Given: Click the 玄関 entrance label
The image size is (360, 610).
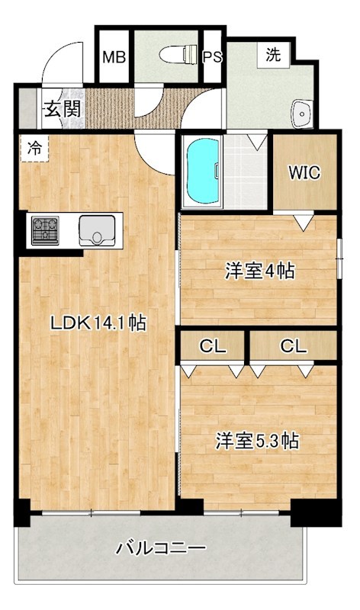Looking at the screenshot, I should [62, 108].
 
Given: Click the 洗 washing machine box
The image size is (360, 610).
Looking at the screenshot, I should [272, 55].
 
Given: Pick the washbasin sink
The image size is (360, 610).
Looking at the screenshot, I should [301, 114].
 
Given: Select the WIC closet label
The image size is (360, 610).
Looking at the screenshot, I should [304, 172].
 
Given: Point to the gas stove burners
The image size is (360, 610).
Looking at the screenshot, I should [44, 230].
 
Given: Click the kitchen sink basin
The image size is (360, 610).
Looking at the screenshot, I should [97, 228].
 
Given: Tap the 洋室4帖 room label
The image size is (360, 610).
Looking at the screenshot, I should [259, 270].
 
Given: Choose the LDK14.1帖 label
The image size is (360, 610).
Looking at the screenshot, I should [98, 323].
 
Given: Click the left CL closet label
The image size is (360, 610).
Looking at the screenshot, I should [213, 345].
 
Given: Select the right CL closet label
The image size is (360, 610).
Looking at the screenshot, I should [293, 345].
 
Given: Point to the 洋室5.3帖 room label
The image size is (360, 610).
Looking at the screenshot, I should [256, 441].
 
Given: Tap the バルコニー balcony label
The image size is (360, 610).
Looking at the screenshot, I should [160, 547].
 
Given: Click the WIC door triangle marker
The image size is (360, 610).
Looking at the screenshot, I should [304, 221].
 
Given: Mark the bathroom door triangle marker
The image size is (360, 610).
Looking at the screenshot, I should [256, 140].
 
